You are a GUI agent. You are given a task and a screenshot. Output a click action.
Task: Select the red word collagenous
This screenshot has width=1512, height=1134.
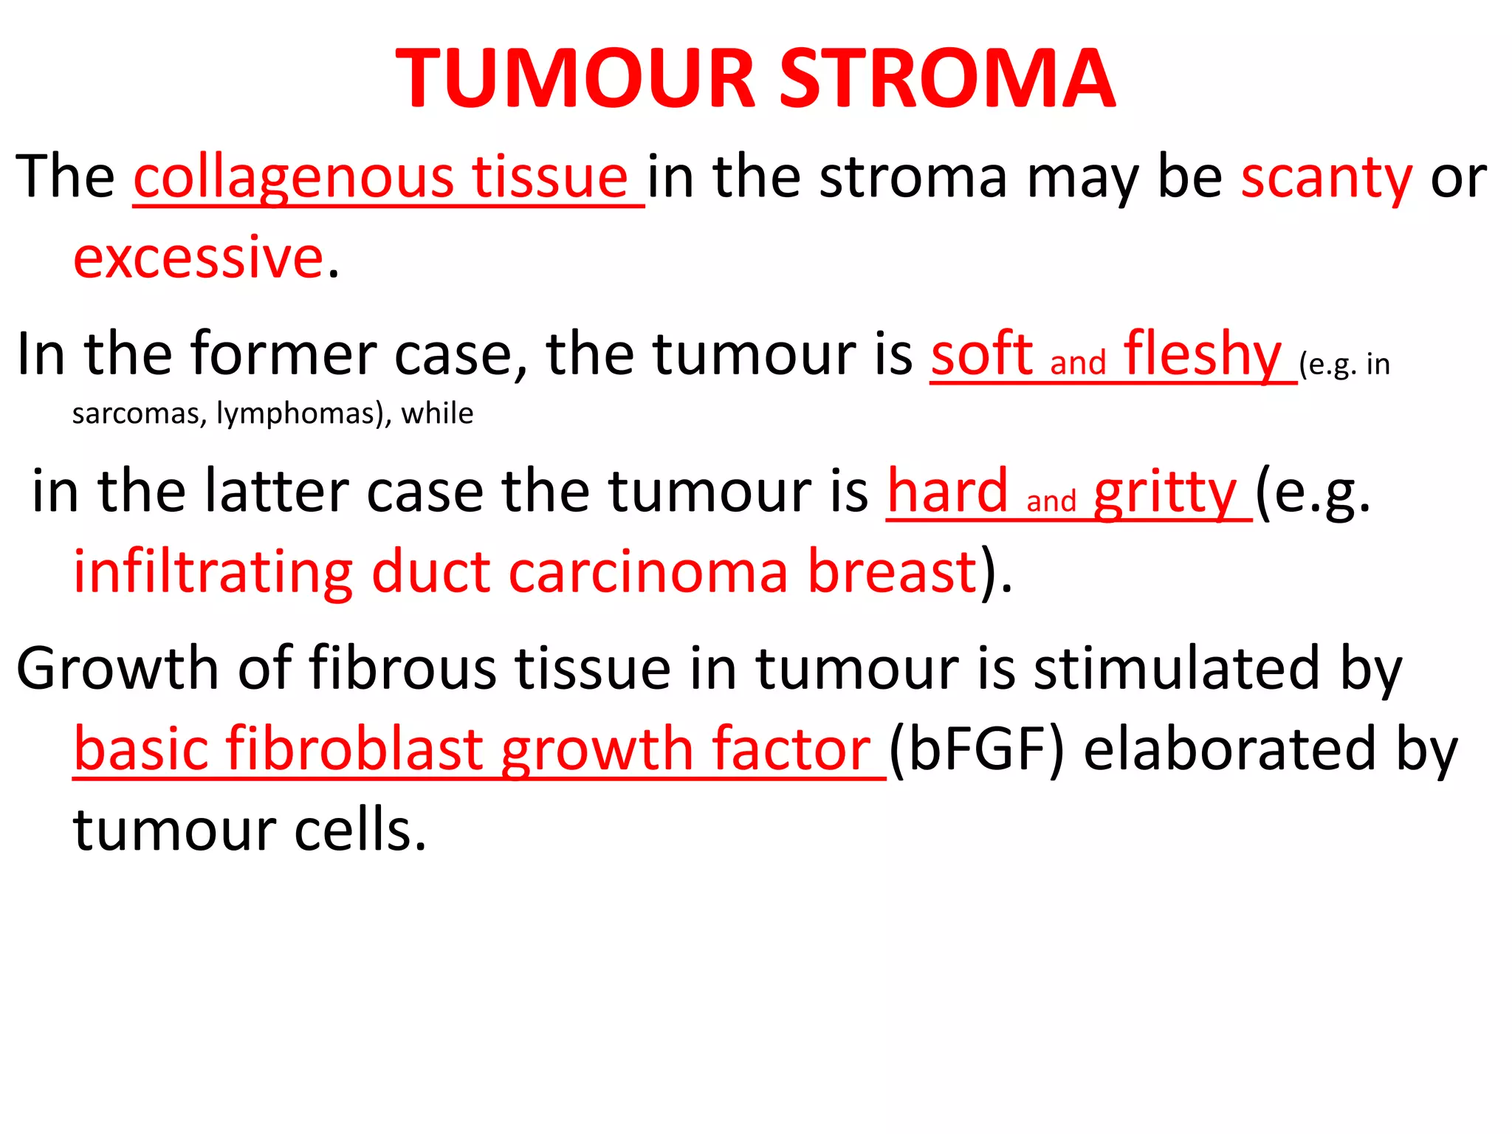[x=293, y=177]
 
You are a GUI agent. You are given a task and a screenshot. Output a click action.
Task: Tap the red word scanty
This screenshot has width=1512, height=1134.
[x=1326, y=177]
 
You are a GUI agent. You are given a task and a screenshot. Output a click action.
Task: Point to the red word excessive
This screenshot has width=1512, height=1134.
[x=198, y=257]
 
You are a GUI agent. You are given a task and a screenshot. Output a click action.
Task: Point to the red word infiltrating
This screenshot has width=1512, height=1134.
[x=213, y=571]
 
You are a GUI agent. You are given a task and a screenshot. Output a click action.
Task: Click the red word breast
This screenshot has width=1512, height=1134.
[x=893, y=571]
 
